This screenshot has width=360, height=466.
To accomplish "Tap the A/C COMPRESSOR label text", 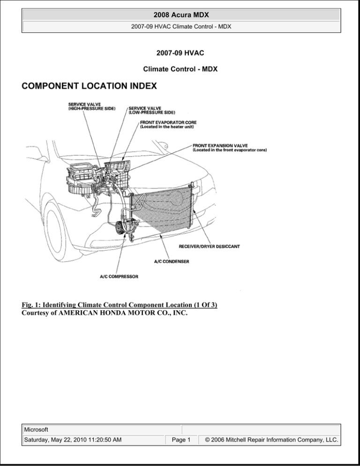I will click(119, 277).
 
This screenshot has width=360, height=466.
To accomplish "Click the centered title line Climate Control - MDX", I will click(180, 69).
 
